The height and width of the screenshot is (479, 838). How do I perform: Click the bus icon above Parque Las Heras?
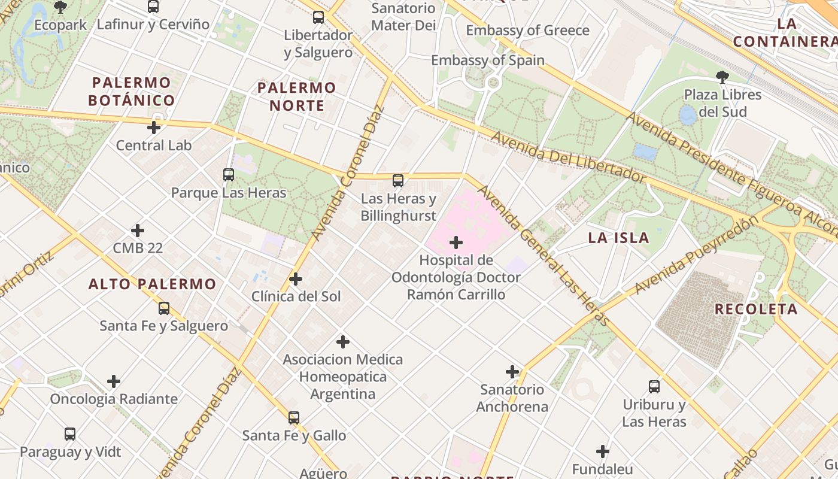229,175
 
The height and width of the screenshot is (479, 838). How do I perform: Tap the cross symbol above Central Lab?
154,128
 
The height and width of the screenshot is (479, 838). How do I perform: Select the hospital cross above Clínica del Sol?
296,279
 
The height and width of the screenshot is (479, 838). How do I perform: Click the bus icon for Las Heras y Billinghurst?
398,181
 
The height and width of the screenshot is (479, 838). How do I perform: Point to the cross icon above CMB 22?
138,231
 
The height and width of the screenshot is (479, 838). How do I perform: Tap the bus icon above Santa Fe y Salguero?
164,308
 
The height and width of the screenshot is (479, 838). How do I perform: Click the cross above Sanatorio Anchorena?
512,372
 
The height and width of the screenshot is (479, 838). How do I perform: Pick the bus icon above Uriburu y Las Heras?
654,387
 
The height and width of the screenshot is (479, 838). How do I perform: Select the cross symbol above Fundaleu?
603,451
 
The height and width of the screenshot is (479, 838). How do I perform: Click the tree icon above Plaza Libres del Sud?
722,77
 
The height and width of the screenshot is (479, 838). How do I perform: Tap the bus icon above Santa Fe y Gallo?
294,418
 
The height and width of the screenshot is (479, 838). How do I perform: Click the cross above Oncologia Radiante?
114,381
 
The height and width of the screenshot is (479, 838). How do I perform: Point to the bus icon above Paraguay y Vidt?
70,434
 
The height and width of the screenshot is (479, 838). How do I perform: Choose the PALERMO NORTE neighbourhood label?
297,96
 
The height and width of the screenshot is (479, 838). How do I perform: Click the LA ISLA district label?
618,238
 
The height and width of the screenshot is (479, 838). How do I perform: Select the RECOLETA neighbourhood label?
756,309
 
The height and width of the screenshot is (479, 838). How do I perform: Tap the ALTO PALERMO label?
152,284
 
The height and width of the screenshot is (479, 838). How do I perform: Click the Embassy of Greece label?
527,31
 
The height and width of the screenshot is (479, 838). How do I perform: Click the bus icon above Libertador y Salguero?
318,17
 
